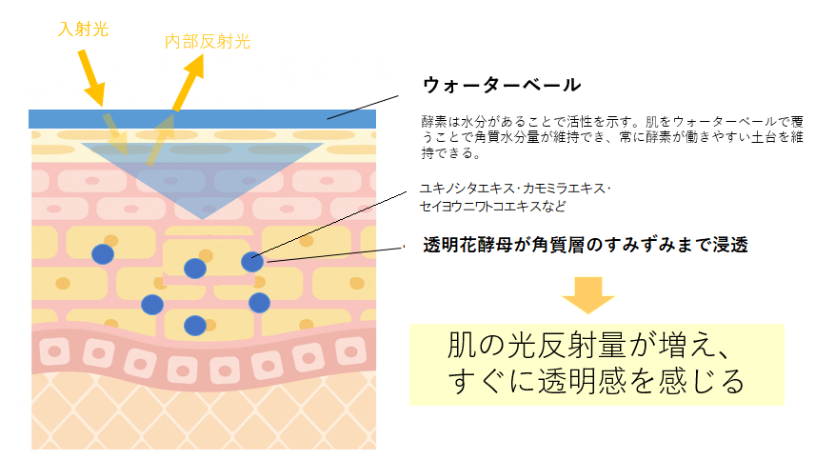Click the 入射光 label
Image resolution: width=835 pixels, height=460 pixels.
83,30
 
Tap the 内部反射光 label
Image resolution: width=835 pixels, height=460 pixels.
208,42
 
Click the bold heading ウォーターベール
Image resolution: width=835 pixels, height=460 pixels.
501,85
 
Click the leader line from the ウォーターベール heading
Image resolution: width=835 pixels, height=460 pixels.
362,107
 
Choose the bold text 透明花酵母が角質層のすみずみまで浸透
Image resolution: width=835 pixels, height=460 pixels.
585,246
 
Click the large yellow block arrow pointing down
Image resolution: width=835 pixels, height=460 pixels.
588,294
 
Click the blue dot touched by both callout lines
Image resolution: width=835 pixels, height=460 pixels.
251,262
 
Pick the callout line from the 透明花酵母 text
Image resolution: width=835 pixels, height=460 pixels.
337,254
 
